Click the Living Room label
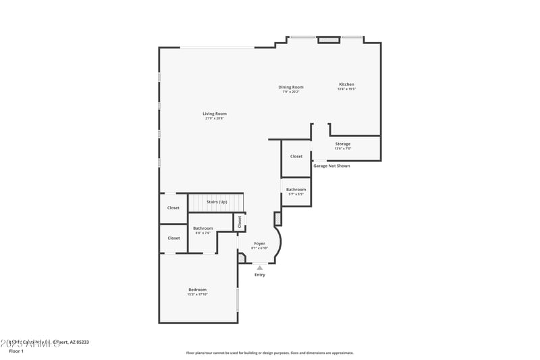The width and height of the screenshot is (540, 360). click(x=215, y=113)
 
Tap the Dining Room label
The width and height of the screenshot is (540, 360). click(x=291, y=87)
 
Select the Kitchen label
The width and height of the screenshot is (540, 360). click(x=346, y=84)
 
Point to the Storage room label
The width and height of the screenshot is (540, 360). click(x=343, y=144)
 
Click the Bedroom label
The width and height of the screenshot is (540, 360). click(x=197, y=290)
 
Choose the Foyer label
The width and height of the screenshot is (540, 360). click(x=259, y=243)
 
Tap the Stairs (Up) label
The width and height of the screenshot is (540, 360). click(x=217, y=202)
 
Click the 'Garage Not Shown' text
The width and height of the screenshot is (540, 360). click(x=331, y=165)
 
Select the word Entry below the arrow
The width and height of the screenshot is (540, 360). click(x=260, y=275)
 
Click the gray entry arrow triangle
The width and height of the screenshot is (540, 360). click(x=260, y=267)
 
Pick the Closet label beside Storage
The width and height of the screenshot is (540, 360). click(x=296, y=156)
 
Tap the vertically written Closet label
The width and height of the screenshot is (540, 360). click(x=239, y=222)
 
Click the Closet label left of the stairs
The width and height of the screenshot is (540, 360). click(x=173, y=208)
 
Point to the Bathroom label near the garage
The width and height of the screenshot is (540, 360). click(x=296, y=190)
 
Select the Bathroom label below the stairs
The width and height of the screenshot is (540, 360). click(x=202, y=228)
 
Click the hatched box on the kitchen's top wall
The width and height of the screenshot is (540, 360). click(x=329, y=40)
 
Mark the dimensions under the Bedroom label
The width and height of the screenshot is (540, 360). click(x=197, y=294)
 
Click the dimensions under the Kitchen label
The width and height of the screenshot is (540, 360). click(x=346, y=89)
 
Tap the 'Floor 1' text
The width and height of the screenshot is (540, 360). click(x=16, y=351)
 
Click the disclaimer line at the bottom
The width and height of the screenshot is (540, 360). click(x=269, y=353)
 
